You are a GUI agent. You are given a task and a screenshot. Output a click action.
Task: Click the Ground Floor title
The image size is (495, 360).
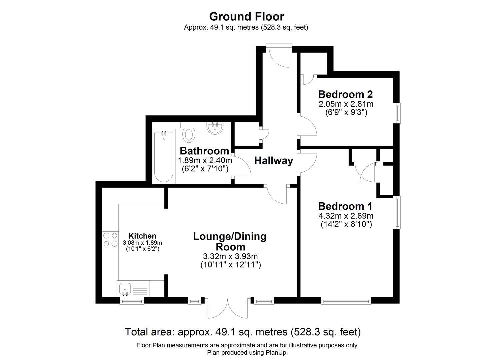247,17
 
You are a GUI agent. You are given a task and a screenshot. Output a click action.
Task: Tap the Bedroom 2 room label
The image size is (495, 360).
346,94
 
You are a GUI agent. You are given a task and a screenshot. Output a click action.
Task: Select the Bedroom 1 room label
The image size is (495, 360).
345,206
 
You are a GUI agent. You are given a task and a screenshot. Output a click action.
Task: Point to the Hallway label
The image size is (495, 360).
274,161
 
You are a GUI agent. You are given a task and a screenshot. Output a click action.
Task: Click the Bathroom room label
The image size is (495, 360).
204,151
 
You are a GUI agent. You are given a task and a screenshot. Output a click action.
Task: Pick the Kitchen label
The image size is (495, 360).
142,236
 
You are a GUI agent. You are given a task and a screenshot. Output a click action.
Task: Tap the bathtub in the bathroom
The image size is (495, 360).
164,157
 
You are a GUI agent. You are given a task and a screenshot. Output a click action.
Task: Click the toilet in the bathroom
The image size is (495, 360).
189,132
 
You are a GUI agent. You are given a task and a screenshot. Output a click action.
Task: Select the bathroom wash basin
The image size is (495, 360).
215,128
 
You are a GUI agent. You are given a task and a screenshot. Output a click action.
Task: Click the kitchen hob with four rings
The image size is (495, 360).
110,240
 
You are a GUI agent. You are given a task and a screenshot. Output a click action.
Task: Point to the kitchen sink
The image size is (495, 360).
133,288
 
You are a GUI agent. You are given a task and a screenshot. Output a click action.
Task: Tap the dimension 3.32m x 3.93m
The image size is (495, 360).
230,256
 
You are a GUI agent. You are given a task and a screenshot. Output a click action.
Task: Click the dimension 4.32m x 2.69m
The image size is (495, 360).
346,216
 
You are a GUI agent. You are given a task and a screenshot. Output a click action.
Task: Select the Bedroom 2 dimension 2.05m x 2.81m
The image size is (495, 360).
346,104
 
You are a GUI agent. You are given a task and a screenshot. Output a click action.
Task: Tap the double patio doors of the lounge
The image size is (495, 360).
228,308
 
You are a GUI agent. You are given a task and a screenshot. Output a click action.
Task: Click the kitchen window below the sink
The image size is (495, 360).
132,301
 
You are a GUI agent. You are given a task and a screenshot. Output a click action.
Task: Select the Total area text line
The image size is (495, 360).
243,332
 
